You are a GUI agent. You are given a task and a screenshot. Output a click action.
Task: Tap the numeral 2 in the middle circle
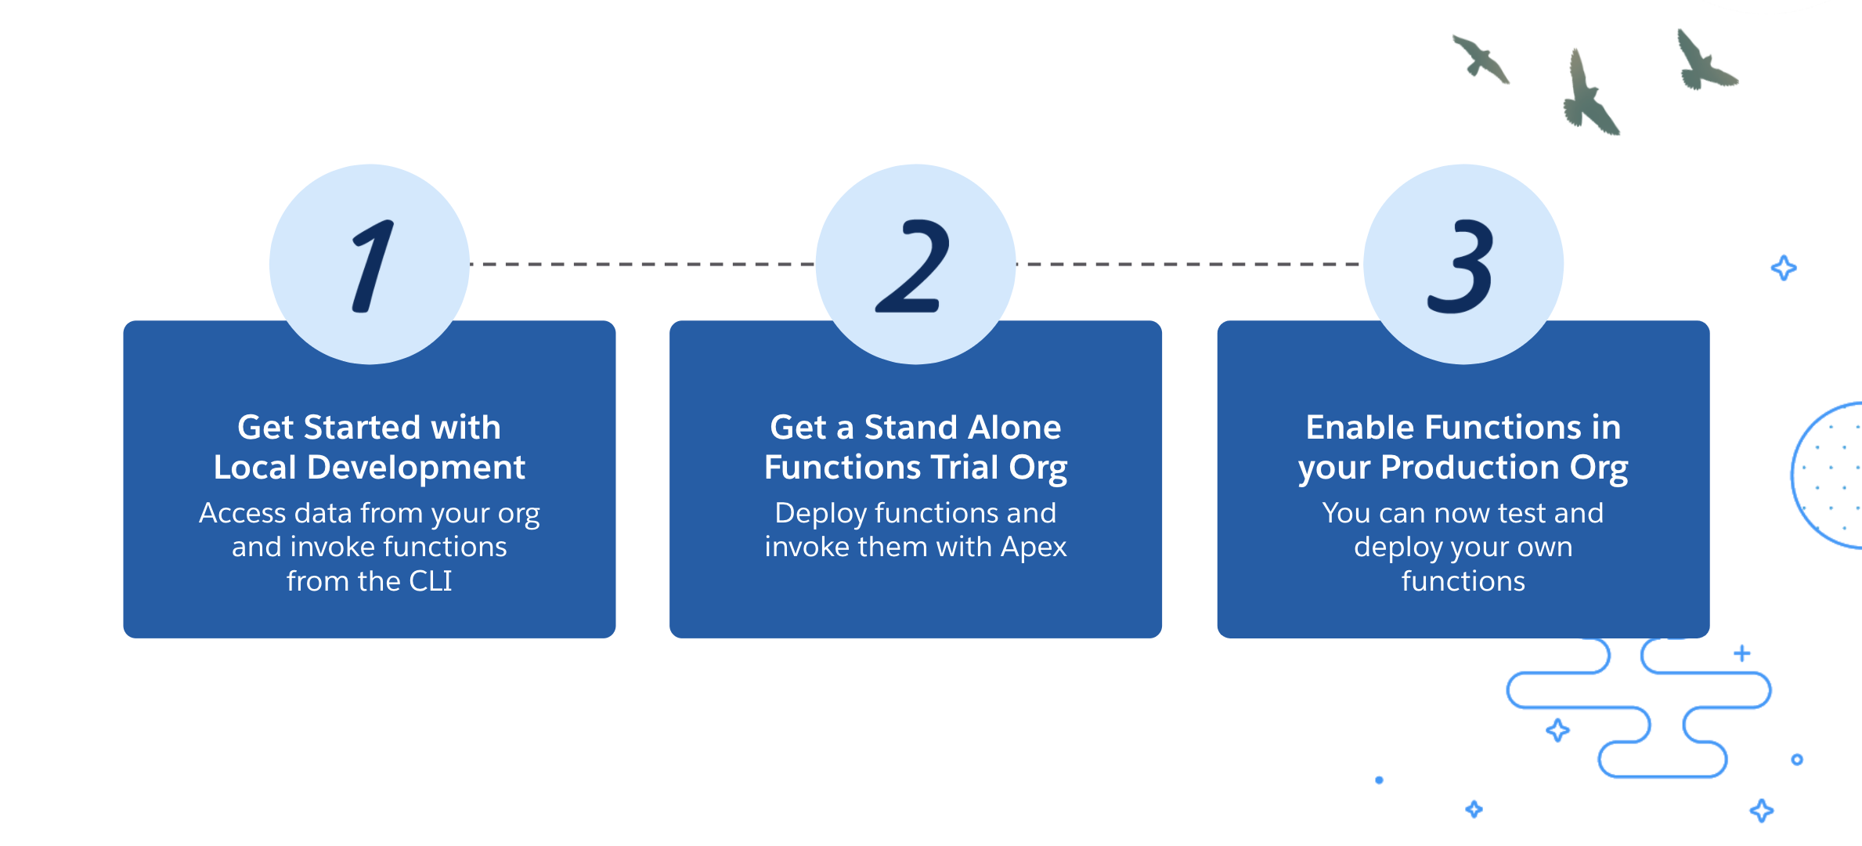[x=913, y=266]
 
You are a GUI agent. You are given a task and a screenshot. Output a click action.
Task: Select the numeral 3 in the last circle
[x=1461, y=266]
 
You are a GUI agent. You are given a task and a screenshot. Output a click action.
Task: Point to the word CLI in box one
[x=430, y=581]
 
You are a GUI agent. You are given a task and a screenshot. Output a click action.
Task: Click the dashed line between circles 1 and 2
[x=642, y=264]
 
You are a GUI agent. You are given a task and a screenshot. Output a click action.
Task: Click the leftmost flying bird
[x=1480, y=60]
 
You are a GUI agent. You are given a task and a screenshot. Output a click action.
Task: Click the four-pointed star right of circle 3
[x=1784, y=268]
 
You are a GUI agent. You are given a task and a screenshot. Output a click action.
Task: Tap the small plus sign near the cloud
[x=1741, y=653]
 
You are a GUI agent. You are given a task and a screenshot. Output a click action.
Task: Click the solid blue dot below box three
[x=1379, y=780]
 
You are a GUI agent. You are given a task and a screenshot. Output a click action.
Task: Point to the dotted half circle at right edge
[x=1828, y=475]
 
